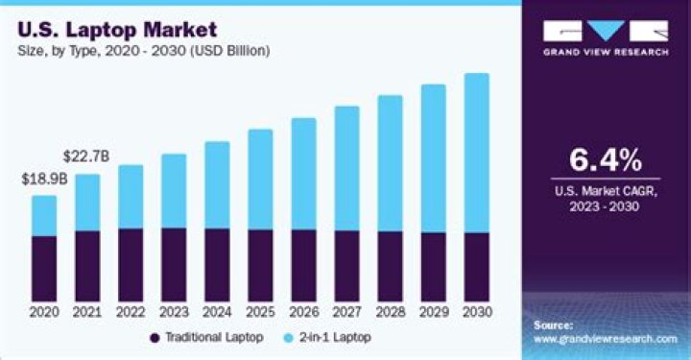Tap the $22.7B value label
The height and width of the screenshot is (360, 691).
[x=84, y=156]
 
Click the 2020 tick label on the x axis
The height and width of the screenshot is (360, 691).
[x=43, y=312]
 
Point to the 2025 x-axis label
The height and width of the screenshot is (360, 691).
[x=260, y=312]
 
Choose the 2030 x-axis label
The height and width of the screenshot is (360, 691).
[x=476, y=312]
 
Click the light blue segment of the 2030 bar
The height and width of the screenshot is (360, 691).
[x=476, y=153]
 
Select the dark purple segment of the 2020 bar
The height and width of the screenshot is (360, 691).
[x=43, y=269]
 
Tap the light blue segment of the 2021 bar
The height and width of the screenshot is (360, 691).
[x=87, y=202]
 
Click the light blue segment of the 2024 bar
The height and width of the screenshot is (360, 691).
[x=217, y=184]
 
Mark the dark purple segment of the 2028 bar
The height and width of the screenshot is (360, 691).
[x=390, y=266]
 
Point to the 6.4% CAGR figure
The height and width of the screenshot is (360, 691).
[x=606, y=158]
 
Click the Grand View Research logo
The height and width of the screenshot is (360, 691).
[x=607, y=37]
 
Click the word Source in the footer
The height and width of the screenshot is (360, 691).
[x=554, y=326]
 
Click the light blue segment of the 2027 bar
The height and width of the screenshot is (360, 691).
[x=346, y=168]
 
